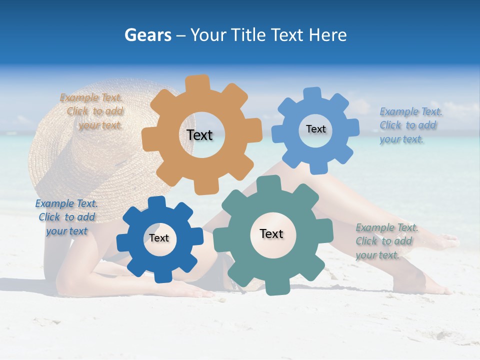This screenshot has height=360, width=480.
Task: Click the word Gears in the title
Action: point(148,35)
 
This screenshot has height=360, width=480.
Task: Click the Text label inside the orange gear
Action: point(199,135)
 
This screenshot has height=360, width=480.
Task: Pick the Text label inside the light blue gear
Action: point(315,129)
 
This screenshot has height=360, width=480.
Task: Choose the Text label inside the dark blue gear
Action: point(158,238)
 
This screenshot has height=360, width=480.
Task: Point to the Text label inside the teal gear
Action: point(271,233)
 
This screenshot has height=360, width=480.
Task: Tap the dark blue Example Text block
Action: point(66,217)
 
